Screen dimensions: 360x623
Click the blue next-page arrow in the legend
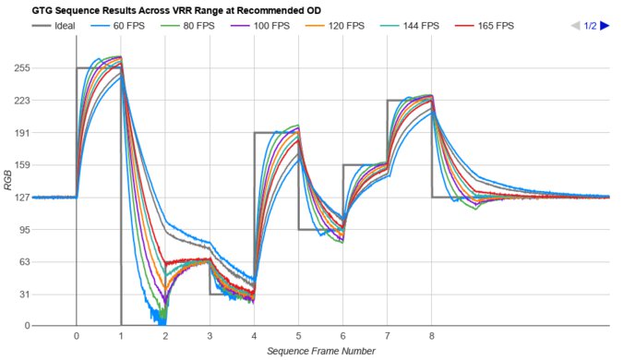point(605,26)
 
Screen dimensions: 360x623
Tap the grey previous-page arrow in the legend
point(575,26)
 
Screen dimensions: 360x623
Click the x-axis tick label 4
point(254,337)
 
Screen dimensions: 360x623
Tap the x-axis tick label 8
point(432,337)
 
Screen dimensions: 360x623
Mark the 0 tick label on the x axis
point(76,337)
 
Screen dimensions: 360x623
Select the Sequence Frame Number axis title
point(321,351)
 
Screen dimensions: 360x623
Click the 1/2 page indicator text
point(590,26)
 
